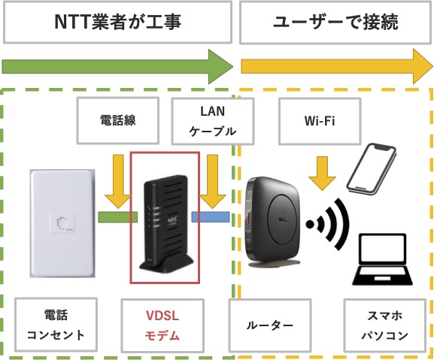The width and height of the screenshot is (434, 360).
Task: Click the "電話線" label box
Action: click(118, 120)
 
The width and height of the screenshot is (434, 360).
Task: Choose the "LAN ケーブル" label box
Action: click(205, 120)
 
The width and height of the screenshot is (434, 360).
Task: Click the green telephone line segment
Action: click(119, 216)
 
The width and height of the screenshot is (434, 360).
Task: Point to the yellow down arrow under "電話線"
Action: click(119, 180)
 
